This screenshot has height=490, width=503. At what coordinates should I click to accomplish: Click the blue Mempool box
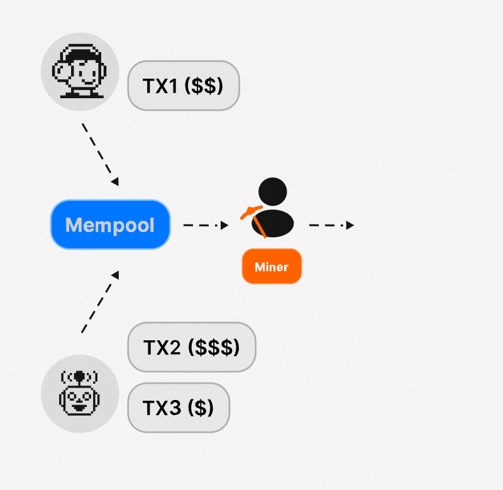point(110,225)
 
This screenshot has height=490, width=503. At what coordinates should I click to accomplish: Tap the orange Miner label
point(272,267)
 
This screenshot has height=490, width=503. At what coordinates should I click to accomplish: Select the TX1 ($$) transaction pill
point(183,86)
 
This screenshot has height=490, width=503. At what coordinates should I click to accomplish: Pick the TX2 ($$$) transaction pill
point(191,347)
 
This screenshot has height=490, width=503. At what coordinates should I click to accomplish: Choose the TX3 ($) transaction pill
point(179,408)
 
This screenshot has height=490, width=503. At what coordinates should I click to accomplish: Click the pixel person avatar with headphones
point(79,71)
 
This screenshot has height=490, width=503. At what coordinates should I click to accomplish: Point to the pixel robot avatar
point(79,393)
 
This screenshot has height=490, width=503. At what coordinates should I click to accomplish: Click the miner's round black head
point(273,191)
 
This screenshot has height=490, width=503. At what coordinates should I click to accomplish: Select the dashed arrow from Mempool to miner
point(205,225)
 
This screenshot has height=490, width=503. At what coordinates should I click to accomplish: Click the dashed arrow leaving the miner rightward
point(331,225)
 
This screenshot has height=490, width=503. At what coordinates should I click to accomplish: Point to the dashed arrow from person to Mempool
point(100,153)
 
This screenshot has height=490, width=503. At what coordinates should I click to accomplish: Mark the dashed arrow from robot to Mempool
point(99,302)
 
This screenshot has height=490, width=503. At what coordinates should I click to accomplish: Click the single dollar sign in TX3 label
point(200,408)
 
